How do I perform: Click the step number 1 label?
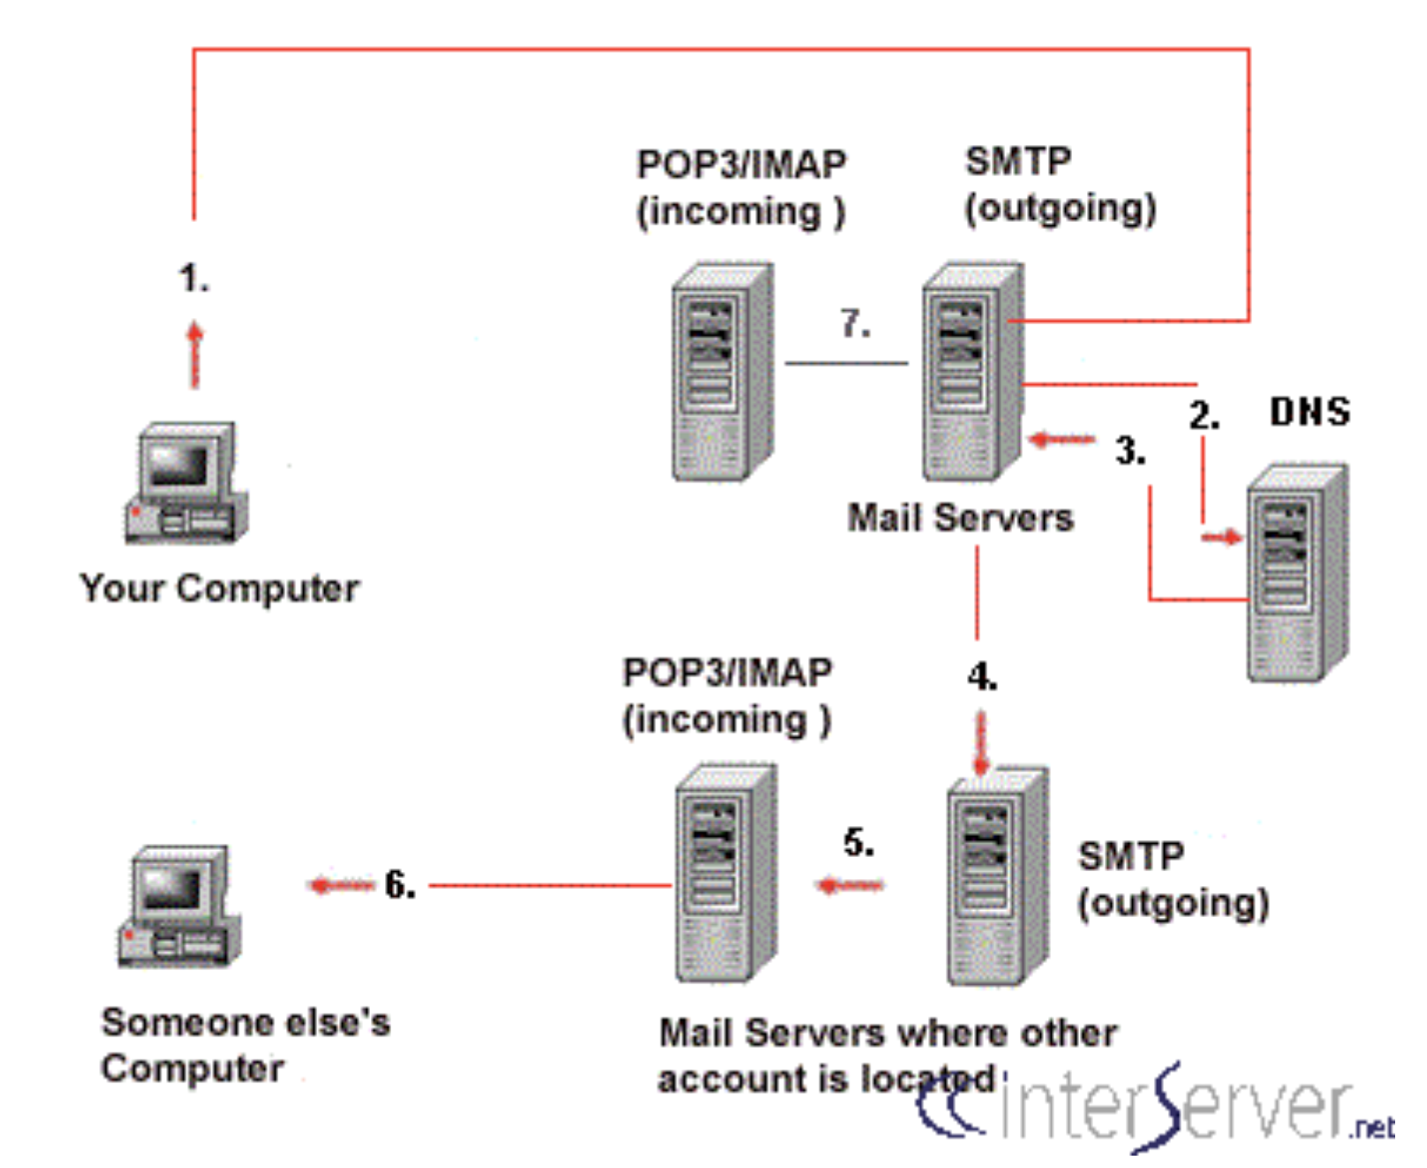tap(193, 278)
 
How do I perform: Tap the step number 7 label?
tap(855, 323)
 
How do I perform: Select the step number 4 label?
tap(982, 678)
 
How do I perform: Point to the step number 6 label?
tap(400, 884)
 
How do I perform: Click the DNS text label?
tap(1310, 412)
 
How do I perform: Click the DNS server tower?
tap(1296, 573)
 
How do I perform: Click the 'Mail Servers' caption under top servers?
tap(960, 518)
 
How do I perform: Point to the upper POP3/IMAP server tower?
tap(722, 371)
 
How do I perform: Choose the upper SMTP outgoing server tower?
tap(972, 371)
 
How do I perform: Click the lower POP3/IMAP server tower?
tap(726, 873)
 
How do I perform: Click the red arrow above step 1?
tap(195, 353)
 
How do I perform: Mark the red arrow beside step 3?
tap(1061, 439)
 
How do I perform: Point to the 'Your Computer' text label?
tap(219, 588)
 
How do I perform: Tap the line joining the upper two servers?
tap(846, 363)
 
